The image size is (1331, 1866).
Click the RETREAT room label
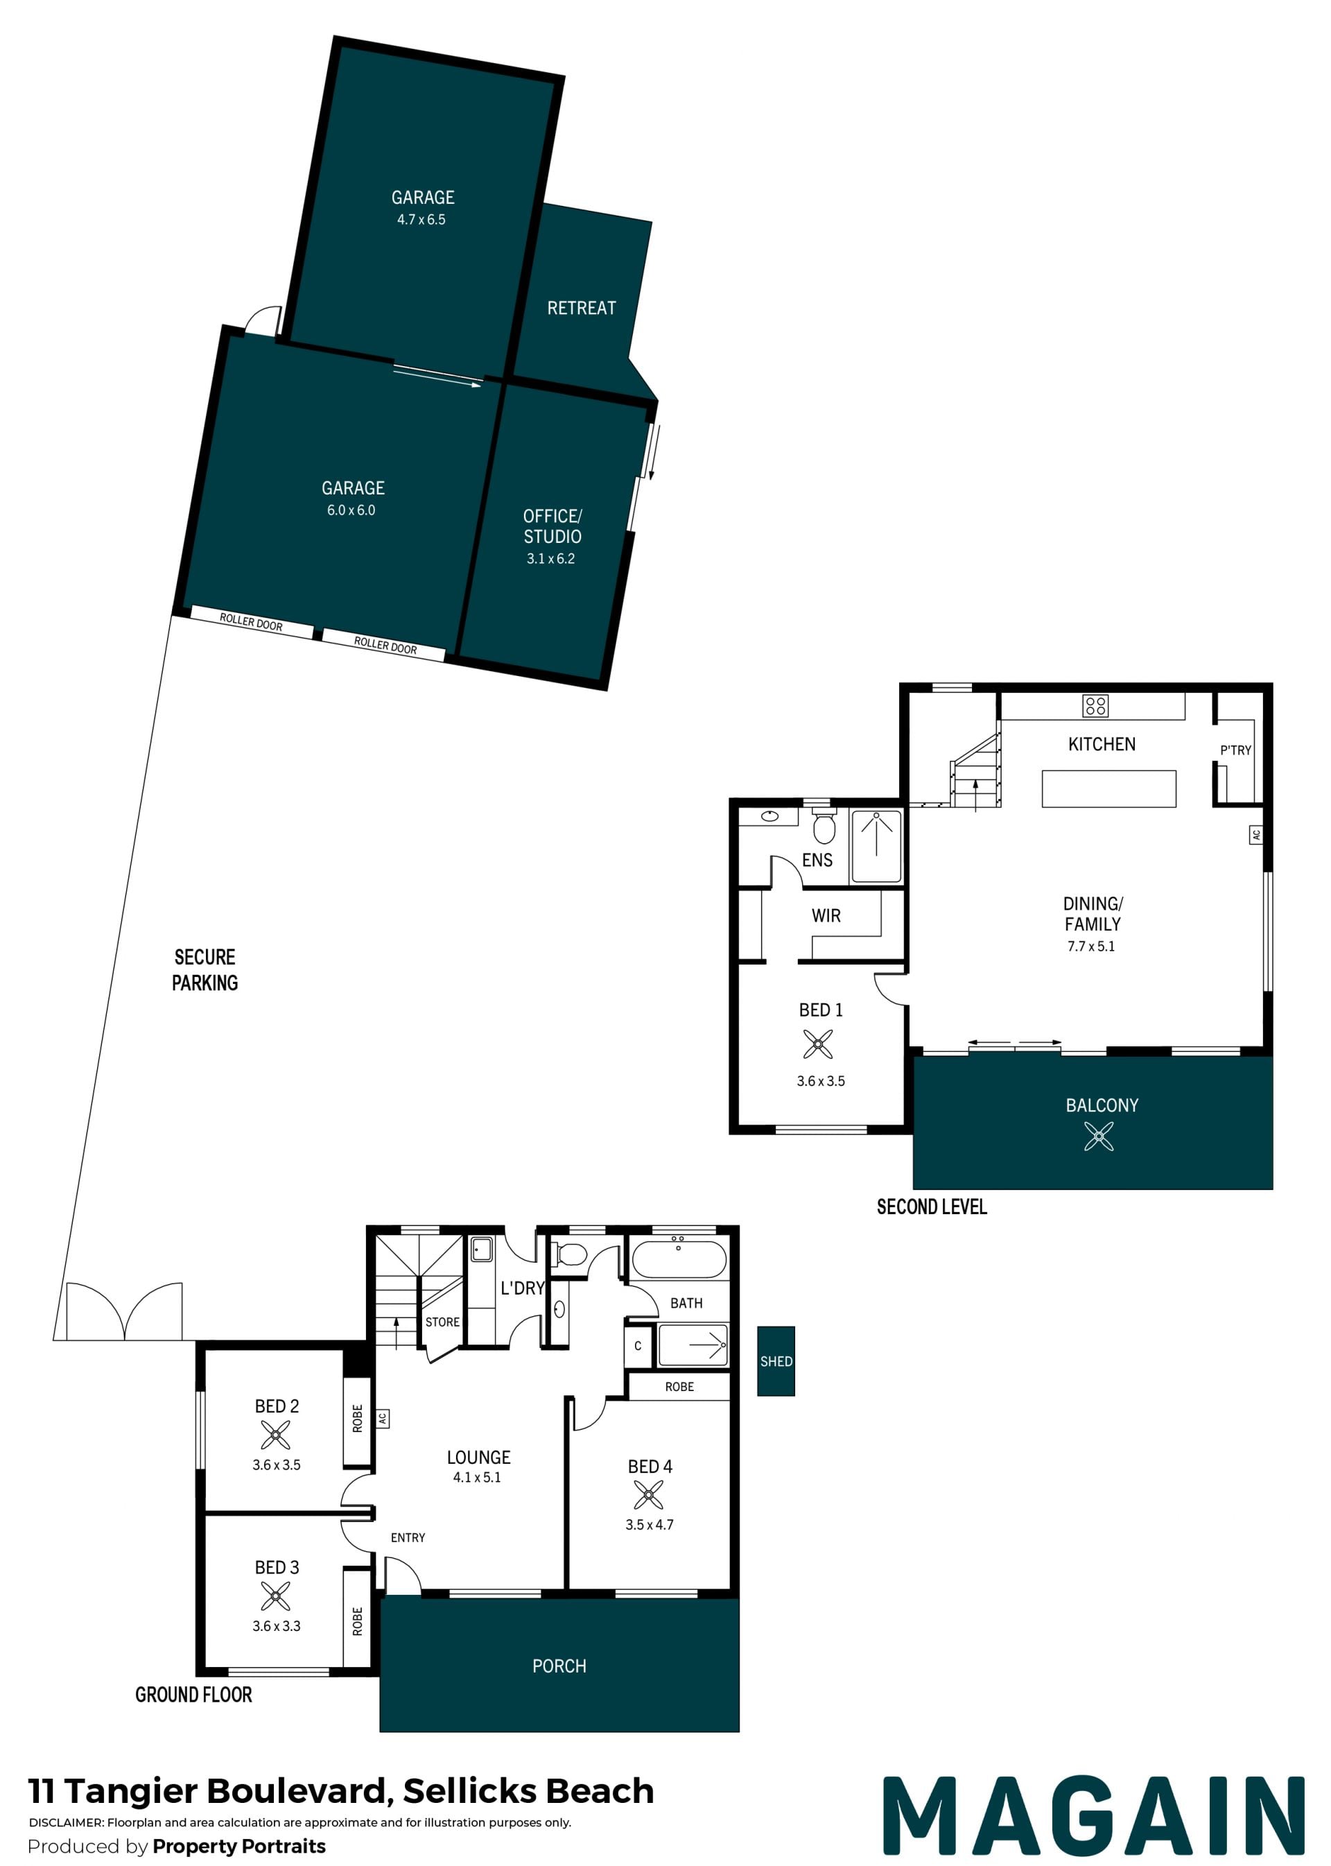[581, 309]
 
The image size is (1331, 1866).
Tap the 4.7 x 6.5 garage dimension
[421, 220]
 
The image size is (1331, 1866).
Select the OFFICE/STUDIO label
[553, 526]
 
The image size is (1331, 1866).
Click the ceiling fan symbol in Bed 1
[818, 1044]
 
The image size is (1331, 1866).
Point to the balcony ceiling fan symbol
[1098, 1137]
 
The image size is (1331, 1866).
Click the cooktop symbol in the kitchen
[1095, 706]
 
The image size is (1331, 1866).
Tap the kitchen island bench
[1109, 788]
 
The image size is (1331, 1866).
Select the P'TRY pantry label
[1235, 750]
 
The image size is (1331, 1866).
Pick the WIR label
[826, 916]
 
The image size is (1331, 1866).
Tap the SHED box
[775, 1361]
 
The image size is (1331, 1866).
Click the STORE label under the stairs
[442, 1322]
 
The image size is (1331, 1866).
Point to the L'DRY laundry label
[522, 1288]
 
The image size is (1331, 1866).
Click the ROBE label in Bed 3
[357, 1622]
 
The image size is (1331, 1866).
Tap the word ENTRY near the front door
[408, 1538]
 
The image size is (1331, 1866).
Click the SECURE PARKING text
[205, 970]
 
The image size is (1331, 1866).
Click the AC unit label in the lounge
[382, 1417]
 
